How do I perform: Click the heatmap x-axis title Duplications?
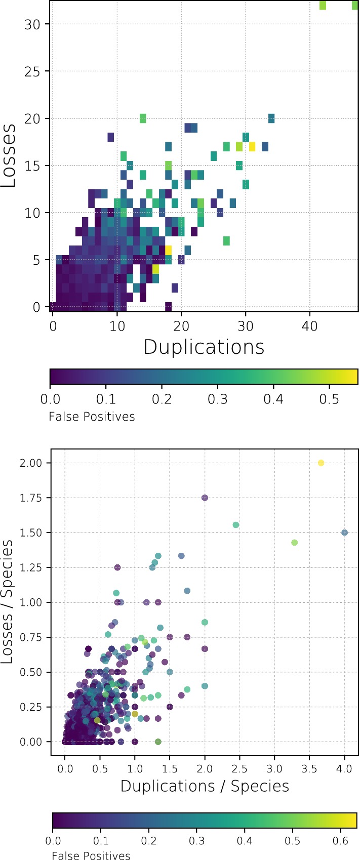coord(204,347)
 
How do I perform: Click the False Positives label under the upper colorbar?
coord(92,417)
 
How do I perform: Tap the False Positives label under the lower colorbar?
coord(91,855)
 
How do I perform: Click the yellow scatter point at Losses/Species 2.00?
coord(321,463)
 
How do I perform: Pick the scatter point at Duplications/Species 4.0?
coord(345,533)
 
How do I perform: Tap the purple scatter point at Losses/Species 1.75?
coord(205,498)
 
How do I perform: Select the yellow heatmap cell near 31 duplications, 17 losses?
coord(252,147)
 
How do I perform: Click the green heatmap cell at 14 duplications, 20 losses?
coord(143,118)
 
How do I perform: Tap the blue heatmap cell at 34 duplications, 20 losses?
coord(271,118)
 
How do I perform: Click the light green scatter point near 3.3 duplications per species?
coord(295,543)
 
